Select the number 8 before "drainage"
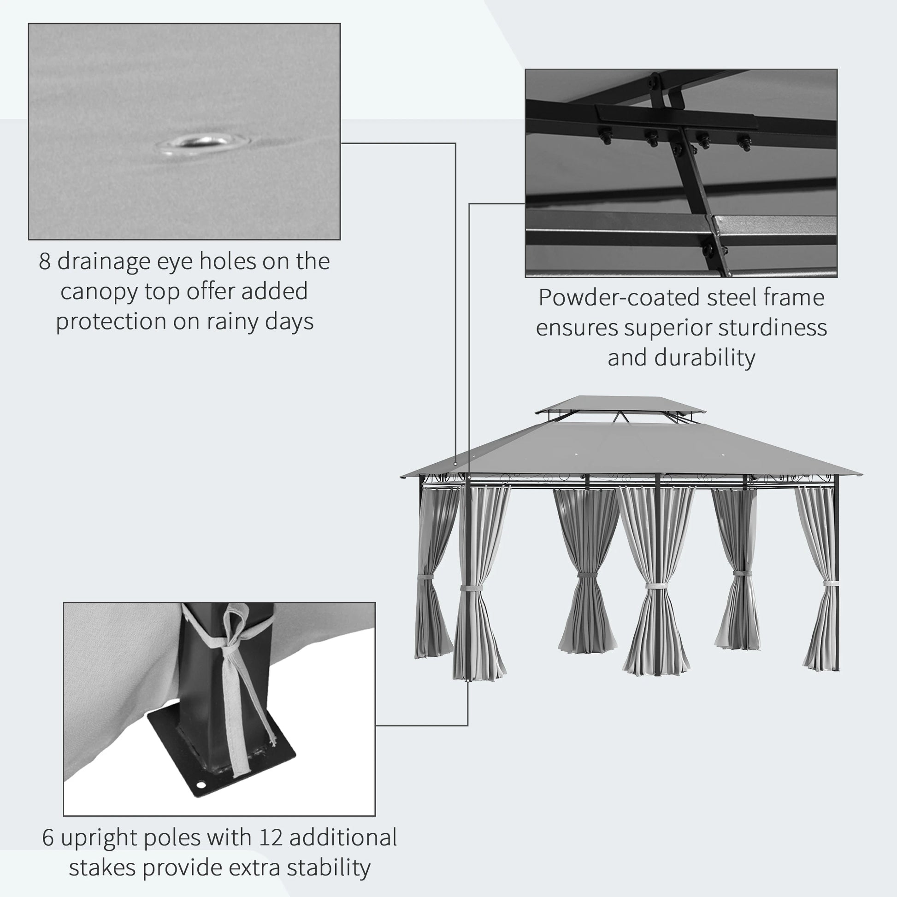[45, 261]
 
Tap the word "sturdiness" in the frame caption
[773, 328]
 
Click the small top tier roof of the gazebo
[620, 403]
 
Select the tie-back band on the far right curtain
[831, 584]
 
